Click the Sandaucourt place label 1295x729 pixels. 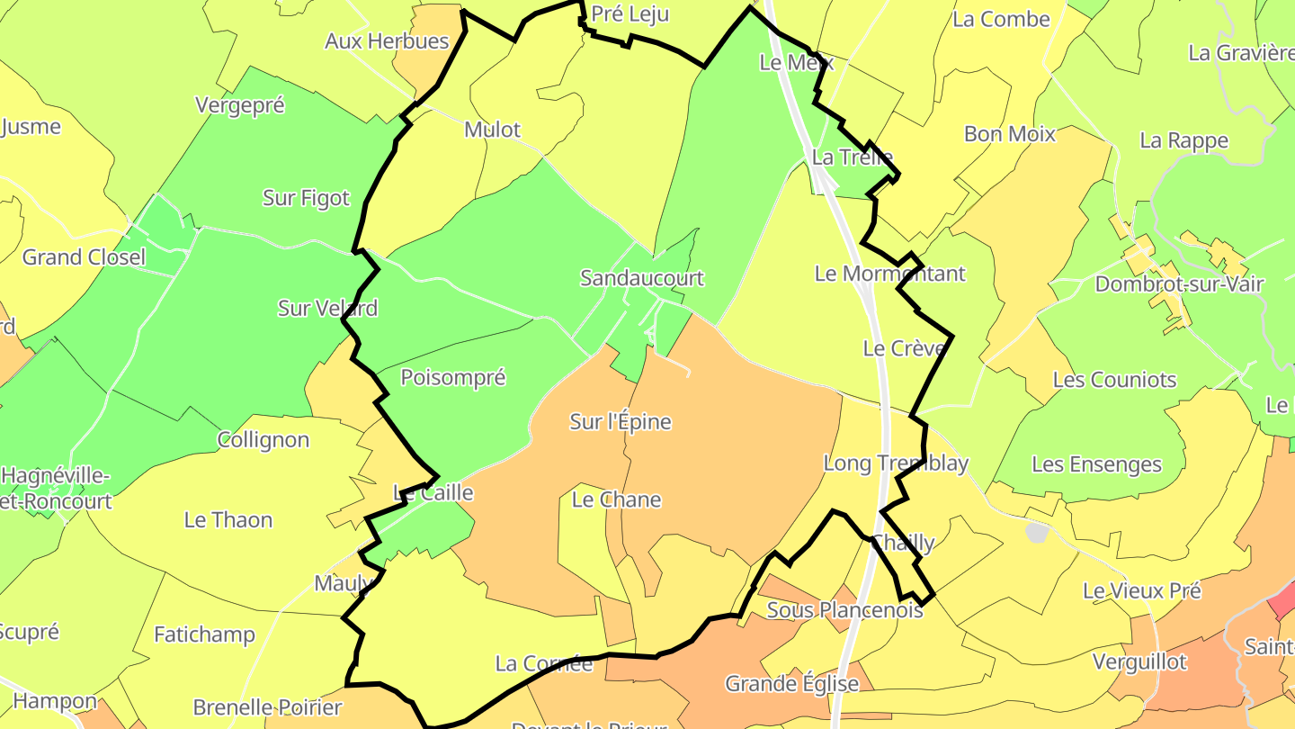(x=641, y=278)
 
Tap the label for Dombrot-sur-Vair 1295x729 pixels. (x=1179, y=284)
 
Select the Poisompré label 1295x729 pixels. (x=452, y=378)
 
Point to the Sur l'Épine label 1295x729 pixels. (x=621, y=421)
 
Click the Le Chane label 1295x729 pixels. (x=616, y=499)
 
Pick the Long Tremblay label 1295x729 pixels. (x=896, y=463)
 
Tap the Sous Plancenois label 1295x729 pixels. (x=844, y=610)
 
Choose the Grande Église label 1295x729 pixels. (x=791, y=684)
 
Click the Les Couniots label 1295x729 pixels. (x=1114, y=380)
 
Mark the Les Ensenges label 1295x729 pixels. (x=1096, y=465)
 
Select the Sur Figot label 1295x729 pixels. (x=306, y=198)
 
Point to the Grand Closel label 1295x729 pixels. (x=84, y=257)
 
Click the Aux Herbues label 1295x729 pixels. (x=387, y=41)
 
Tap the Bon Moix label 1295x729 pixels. (x=1009, y=134)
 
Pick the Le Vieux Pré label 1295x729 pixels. (x=1141, y=591)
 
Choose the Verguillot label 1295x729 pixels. (x=1139, y=662)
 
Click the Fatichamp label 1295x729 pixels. (x=204, y=634)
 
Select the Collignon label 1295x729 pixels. (x=263, y=440)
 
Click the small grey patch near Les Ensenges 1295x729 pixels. (x=1037, y=532)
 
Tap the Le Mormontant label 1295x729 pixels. (x=889, y=274)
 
